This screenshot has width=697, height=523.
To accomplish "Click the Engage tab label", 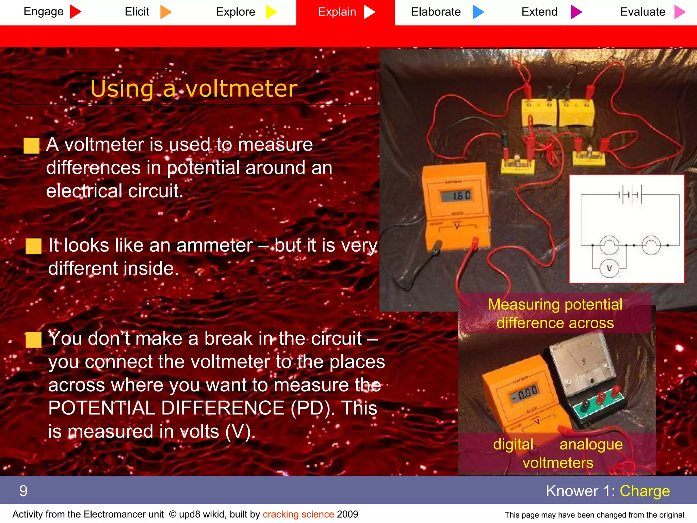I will [44, 12].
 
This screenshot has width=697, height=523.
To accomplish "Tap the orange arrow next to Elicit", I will [165, 12].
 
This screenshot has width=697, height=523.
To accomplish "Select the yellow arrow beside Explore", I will [271, 12].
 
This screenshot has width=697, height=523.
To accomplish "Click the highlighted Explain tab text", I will [337, 12].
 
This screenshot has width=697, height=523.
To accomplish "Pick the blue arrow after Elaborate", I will [478, 12].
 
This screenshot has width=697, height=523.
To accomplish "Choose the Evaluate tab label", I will [643, 12].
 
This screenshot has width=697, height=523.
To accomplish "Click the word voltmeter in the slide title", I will [241, 89].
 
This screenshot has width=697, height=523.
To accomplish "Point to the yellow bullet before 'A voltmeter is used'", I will [32, 146].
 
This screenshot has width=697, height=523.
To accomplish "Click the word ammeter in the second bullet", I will [214, 245].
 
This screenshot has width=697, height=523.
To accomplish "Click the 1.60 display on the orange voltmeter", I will [457, 196].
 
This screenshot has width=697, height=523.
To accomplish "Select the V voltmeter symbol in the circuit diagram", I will [609, 268].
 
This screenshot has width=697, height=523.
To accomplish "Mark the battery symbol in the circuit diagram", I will [630, 195].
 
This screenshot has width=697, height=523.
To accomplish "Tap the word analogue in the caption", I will [591, 444].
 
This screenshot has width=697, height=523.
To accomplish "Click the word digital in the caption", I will [513, 444].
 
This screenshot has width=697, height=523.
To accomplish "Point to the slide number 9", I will [23, 491].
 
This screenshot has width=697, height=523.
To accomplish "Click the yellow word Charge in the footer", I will [645, 491].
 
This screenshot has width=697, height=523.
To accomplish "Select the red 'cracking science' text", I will [298, 514].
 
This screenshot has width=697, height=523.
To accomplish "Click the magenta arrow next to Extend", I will [576, 12].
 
